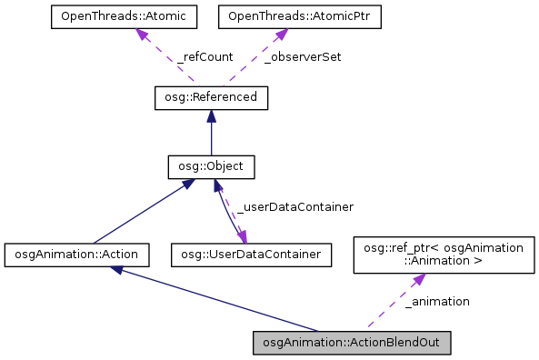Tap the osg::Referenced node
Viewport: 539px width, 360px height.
[211, 96]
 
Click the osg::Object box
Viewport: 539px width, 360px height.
[211, 167]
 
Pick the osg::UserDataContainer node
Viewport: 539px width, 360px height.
[250, 255]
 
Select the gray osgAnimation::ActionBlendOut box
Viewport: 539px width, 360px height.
[351, 343]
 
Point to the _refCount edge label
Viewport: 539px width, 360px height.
[205, 56]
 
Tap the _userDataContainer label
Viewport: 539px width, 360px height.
[294, 207]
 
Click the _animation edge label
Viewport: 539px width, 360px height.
[437, 301]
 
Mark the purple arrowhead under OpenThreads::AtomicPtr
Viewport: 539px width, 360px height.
[280, 35]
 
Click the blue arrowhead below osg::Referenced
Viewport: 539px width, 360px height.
[211, 115]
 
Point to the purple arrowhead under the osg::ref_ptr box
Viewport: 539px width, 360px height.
[416, 279]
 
